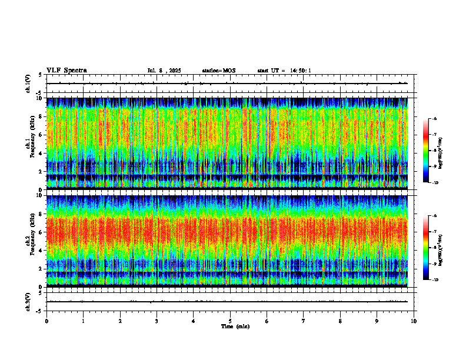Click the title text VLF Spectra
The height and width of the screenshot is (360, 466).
(66, 71)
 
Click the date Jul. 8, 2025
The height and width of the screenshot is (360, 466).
(164, 71)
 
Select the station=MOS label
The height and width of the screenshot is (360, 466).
(218, 71)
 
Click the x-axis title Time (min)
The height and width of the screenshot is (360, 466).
(235, 326)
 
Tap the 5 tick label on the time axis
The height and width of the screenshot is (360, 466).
(230, 321)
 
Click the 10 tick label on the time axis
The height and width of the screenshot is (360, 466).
(414, 321)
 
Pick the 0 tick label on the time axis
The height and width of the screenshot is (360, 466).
(46, 321)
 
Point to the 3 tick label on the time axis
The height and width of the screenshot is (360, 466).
(157, 321)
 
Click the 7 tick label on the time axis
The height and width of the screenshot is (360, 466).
(304, 321)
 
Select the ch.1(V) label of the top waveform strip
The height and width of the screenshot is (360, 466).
(28, 84)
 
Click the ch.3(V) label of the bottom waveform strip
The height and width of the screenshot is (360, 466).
(28, 301)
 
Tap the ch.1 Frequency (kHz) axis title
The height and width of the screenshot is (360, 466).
(29, 142)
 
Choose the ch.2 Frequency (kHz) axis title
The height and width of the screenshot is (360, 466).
(29, 240)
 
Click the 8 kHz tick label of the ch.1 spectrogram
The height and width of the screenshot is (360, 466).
(41, 116)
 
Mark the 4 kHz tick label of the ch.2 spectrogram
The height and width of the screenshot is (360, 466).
(41, 250)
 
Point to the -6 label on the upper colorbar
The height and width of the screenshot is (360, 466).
(434, 119)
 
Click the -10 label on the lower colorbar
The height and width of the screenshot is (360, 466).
(435, 279)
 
